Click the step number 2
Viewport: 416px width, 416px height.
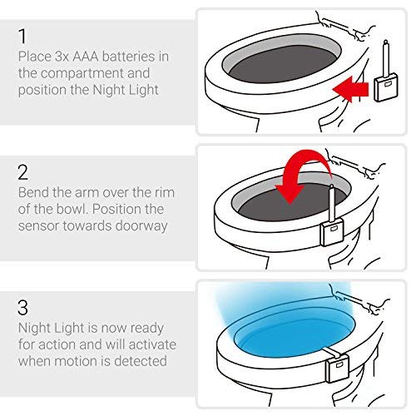pyautogui.click(x=22, y=172)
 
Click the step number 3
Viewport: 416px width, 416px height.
pyautogui.click(x=22, y=306)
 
